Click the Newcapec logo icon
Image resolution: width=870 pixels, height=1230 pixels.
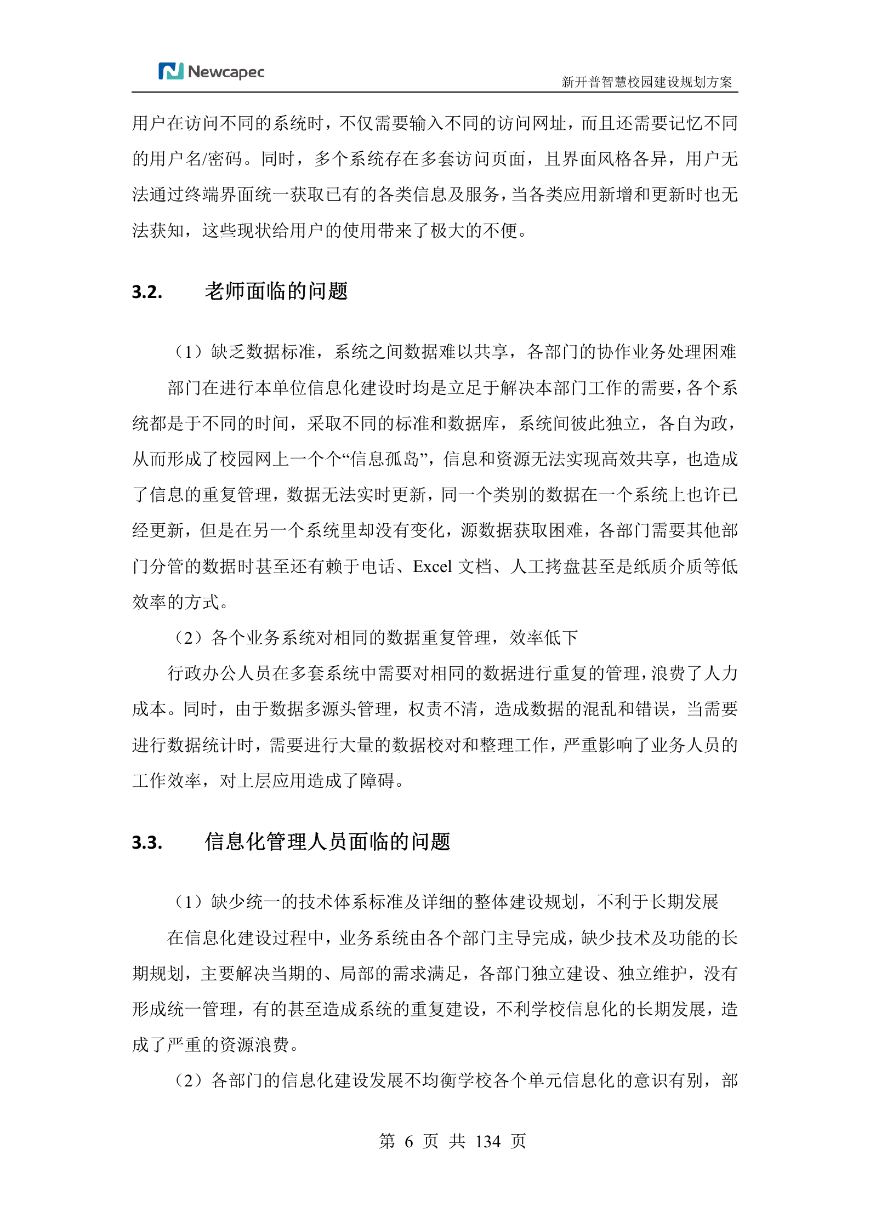pyautogui.click(x=170, y=72)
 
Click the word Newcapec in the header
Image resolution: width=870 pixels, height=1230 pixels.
pyautogui.click(x=226, y=72)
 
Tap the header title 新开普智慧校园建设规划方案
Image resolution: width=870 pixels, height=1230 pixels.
pyautogui.click(x=646, y=82)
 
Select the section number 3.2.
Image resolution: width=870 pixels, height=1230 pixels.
pyautogui.click(x=147, y=292)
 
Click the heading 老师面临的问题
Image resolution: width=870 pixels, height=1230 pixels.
pyautogui.click(x=276, y=291)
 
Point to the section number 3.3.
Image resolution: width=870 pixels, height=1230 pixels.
pyautogui.click(x=147, y=842)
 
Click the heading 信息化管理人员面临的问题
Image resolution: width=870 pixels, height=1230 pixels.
pyautogui.click(x=327, y=842)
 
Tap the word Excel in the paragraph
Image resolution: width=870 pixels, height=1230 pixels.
pyautogui.click(x=432, y=567)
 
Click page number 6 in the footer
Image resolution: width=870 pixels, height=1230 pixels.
pyautogui.click(x=408, y=1142)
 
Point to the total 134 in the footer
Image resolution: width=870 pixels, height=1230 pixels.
pyautogui.click(x=487, y=1142)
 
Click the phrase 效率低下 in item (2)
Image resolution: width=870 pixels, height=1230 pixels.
pyautogui.click(x=543, y=638)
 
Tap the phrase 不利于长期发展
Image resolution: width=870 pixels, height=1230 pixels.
pyautogui.click(x=657, y=902)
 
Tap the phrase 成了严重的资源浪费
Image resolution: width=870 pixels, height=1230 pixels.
pyautogui.click(x=211, y=1045)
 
